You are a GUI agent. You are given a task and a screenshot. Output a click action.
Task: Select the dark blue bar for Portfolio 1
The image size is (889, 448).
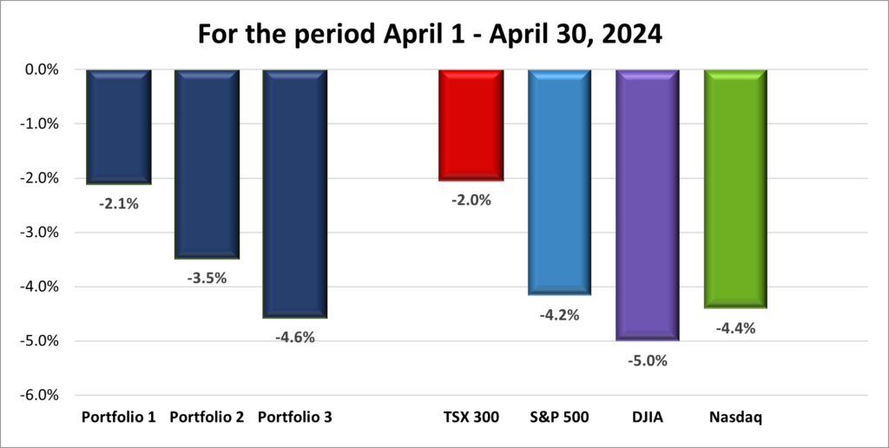119,127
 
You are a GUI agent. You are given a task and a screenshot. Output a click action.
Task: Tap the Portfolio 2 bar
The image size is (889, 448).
207,164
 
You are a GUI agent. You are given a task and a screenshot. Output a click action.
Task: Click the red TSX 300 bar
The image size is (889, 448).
471,125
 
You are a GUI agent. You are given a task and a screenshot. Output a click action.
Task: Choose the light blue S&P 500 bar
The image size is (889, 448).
559,182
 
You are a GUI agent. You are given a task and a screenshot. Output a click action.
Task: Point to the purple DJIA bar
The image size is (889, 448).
647,205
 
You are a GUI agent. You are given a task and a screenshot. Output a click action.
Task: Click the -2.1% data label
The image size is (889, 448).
119,205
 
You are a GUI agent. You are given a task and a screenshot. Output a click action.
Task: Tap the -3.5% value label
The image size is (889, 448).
207,279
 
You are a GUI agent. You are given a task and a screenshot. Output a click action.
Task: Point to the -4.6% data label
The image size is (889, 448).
295,338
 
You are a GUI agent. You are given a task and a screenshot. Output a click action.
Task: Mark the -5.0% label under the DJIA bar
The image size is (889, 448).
648,360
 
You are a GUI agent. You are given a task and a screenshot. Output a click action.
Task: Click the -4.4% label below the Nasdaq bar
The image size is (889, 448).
735,328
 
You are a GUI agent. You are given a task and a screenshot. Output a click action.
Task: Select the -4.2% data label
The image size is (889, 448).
559,316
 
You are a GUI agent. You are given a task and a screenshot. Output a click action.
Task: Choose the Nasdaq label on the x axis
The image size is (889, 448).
735,418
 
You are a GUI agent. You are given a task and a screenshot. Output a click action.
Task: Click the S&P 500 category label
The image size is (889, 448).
559,418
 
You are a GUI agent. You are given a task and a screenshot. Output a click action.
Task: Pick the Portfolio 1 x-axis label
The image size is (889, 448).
119,418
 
